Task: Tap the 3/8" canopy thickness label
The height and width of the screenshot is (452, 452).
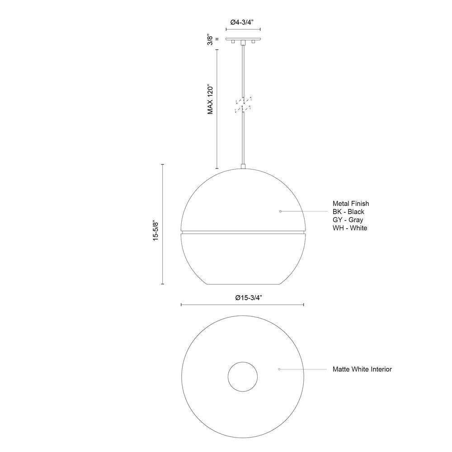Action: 210,40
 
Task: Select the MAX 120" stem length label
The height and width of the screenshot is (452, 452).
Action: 210,99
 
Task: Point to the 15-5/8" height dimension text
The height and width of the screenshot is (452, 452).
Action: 155,231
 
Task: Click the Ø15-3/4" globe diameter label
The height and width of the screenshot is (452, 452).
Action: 249,298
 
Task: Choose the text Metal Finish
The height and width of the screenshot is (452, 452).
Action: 351,203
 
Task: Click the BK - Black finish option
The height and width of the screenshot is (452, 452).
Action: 348,212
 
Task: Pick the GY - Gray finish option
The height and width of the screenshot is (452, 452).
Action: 348,220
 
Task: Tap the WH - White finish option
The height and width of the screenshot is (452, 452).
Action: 350,228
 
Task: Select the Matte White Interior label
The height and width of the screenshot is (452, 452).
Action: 362,369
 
